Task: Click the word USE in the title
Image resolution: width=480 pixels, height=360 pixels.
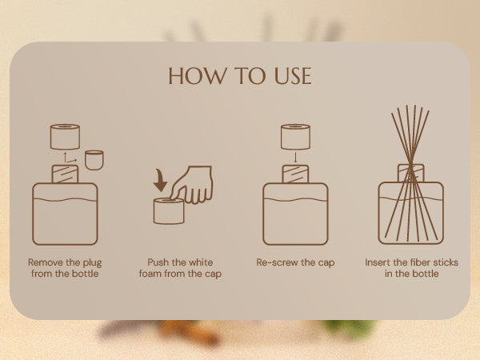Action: pos(293,76)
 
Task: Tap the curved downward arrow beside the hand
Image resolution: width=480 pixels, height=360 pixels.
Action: pos(160,181)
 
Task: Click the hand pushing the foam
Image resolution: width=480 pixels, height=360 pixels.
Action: pos(192,185)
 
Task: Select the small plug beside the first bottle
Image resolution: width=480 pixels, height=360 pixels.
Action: pos(94,160)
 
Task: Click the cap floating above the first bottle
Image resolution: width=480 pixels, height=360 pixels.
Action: pos(65,137)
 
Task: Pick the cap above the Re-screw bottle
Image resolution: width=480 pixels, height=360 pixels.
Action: pos(295,137)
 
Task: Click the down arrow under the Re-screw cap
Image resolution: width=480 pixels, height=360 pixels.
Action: pos(295,158)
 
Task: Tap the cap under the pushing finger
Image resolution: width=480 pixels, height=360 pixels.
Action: pos(169,211)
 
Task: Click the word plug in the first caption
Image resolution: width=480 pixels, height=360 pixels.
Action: pos(92,263)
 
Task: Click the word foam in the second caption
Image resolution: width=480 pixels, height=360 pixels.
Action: pos(150,274)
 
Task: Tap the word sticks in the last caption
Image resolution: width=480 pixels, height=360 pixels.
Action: pos(446,262)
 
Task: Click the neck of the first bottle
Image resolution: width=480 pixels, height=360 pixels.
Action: pos(65,174)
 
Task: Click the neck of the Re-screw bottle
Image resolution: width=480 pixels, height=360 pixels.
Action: pos(295,174)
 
